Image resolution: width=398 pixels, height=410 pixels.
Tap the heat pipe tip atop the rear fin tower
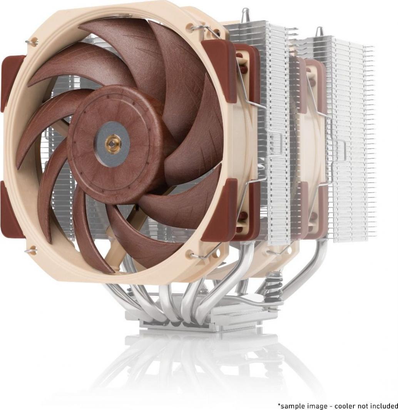pos(319,32)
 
